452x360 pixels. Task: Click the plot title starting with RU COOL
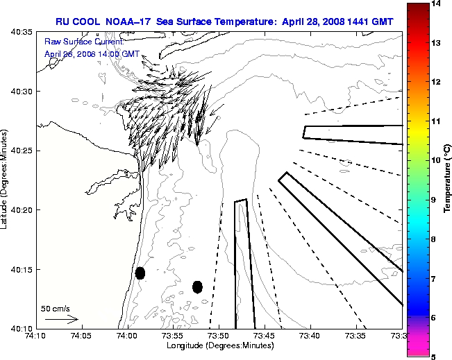click(225, 22)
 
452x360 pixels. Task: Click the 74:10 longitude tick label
click(35, 336)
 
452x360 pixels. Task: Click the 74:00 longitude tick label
click(127, 336)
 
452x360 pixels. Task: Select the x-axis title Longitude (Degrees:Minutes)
click(219, 345)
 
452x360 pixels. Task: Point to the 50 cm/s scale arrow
click(61, 320)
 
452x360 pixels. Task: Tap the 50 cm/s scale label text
click(56, 309)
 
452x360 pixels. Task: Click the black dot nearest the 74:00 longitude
click(140, 273)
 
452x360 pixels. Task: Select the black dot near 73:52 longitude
click(197, 286)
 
